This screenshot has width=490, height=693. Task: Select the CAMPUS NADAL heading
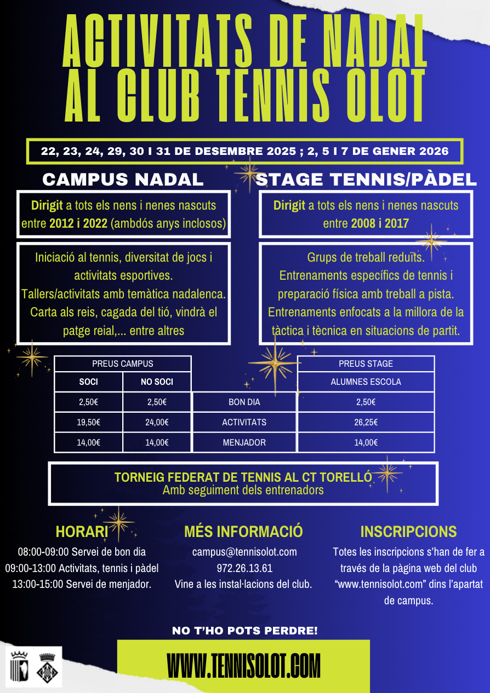pos(123,180)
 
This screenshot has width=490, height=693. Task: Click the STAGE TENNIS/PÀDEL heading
pos(366,180)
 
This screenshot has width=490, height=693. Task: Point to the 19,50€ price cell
pos(88,422)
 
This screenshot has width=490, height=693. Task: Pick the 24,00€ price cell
pos(157,422)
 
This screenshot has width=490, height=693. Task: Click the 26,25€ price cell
pos(366,422)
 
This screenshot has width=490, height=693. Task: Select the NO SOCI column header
pos(157,382)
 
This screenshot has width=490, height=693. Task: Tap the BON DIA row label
pos(244,402)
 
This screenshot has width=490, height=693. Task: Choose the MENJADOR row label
pos(244,442)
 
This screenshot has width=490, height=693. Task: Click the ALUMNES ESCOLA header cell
pos(366,382)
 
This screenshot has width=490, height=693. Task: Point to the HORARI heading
pos(82,532)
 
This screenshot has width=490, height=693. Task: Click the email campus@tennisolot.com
pos(244,552)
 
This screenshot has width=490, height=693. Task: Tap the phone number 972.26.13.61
pos(244,568)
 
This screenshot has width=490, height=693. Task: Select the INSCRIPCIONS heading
pos(408,532)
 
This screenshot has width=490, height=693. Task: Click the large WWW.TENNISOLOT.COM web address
pos(243,666)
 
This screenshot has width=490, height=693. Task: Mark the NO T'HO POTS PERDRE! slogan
pos(244,631)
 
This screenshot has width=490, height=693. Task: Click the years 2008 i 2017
pos(380,223)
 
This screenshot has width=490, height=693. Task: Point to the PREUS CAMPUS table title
pos(122,363)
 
